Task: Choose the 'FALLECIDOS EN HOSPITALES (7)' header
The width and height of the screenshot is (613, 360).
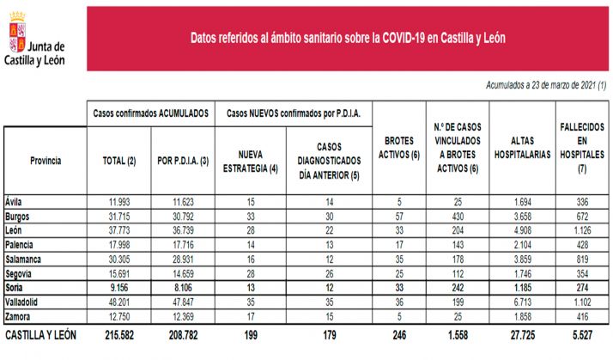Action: pos(578,147)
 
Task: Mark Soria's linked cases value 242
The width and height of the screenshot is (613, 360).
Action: pos(458,287)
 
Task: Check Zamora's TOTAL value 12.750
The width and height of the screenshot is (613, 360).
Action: pos(118,316)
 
